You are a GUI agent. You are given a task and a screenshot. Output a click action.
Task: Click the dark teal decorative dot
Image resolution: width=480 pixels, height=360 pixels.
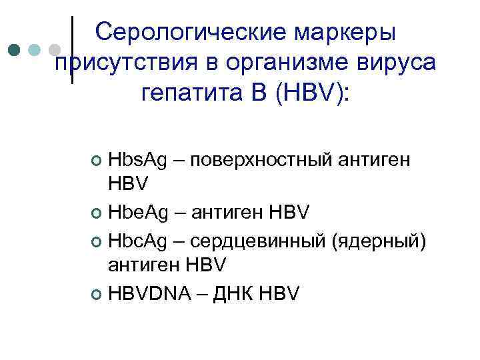(x=15, y=50)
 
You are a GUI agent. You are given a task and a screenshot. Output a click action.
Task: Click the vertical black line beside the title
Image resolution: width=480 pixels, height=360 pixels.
(x=71, y=50)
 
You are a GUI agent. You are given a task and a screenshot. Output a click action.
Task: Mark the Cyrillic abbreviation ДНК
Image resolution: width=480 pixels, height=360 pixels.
(x=239, y=291)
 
